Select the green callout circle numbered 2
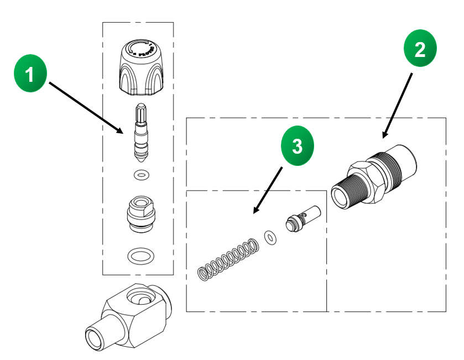pos(419,50)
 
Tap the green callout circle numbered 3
pos(297,147)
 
